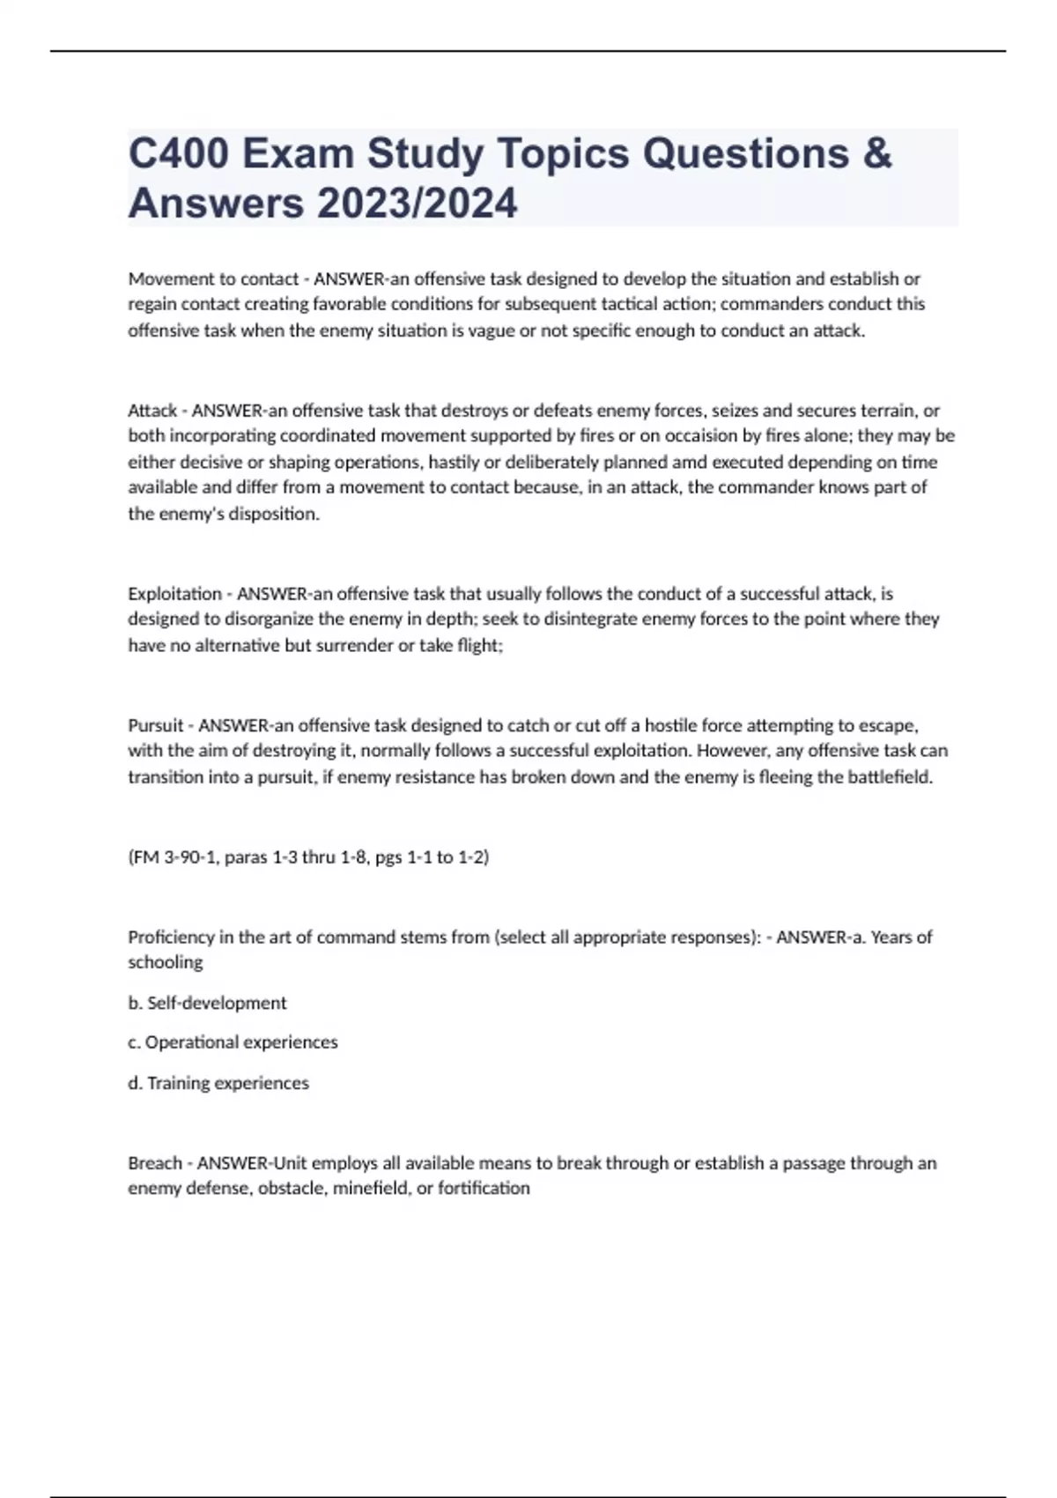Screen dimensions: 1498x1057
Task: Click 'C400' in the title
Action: (178, 153)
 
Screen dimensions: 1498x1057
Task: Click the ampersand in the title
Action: (876, 153)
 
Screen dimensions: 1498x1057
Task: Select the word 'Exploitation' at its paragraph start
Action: (174, 594)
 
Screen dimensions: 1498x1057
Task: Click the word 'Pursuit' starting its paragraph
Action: (156, 726)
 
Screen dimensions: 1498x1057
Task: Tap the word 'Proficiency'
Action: (171, 938)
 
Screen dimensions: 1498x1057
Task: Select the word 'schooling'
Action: (165, 963)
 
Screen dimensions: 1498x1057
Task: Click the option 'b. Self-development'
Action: (207, 1004)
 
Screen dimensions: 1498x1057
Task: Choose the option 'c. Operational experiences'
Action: (233, 1043)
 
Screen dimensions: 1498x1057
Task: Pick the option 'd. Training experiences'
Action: (218, 1084)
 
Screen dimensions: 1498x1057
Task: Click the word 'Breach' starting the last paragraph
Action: (154, 1164)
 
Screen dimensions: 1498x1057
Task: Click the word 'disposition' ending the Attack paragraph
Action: (272, 515)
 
